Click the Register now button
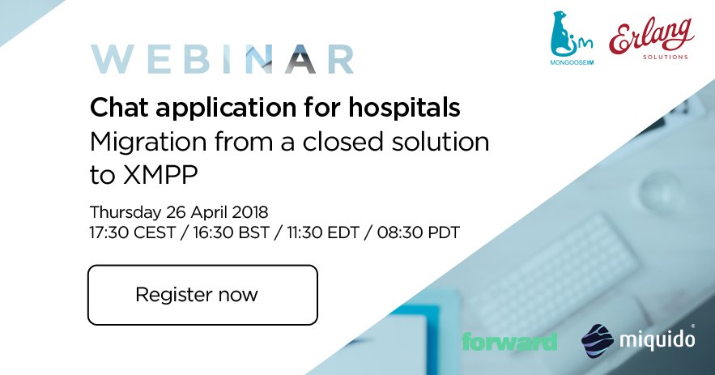[x=202, y=294]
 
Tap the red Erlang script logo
[x=652, y=37]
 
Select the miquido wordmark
[x=655, y=340]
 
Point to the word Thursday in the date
[x=121, y=212]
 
